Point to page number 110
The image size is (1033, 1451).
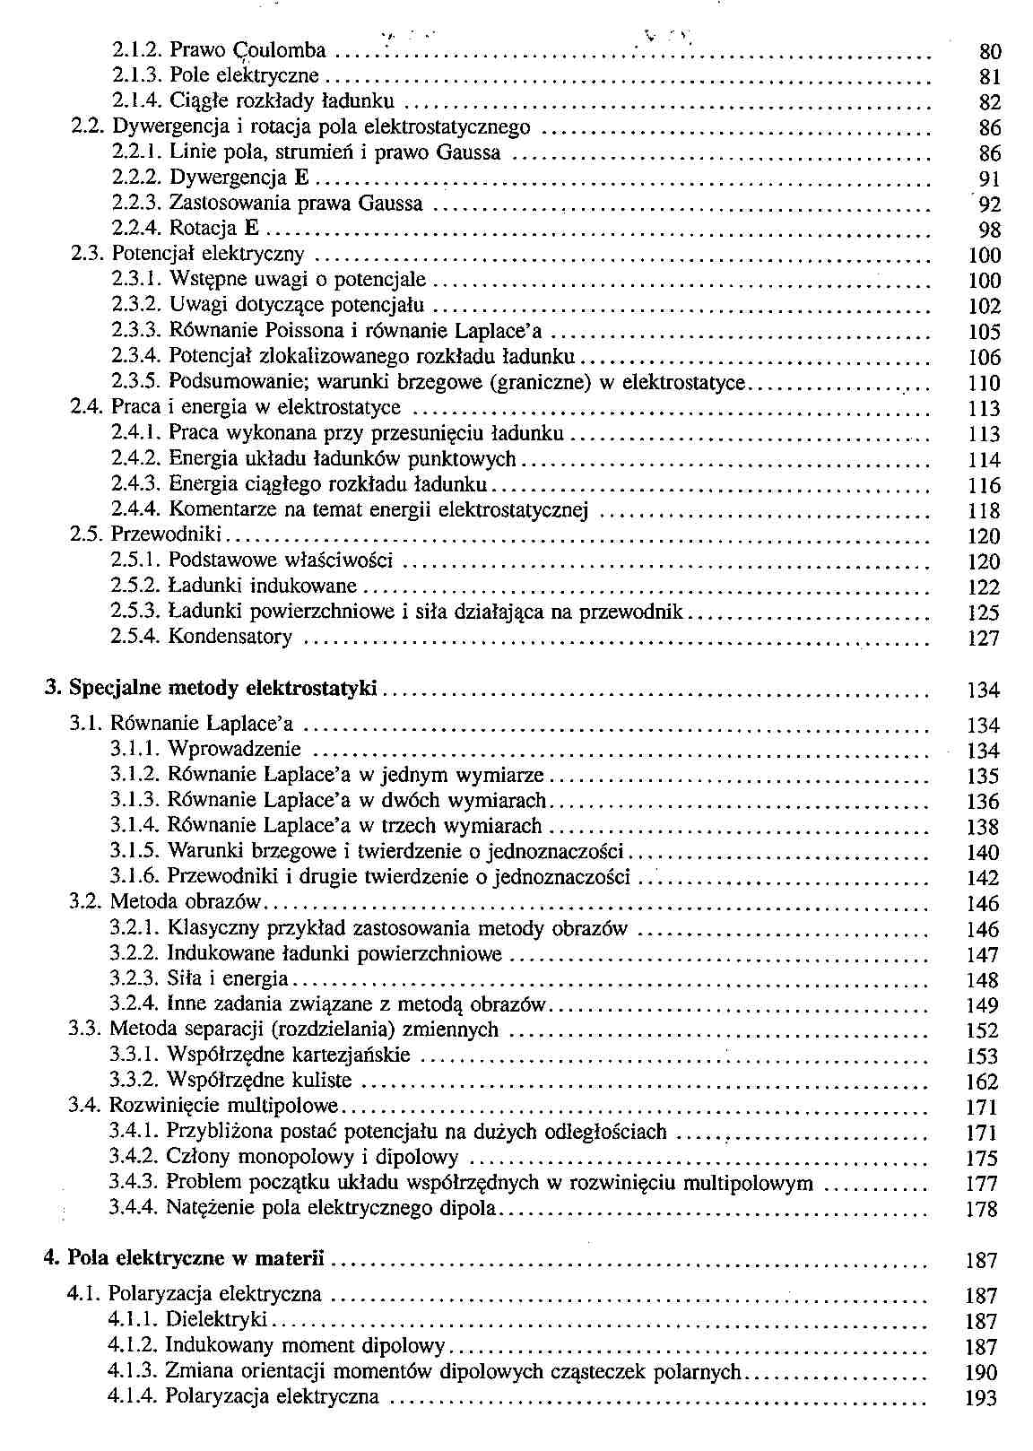click(984, 384)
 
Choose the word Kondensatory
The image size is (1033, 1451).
click(230, 638)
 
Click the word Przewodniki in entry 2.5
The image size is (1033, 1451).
click(166, 535)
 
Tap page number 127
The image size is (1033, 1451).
click(984, 639)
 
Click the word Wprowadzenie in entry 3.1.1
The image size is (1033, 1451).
click(235, 749)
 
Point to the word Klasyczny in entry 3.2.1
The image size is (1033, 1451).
click(211, 928)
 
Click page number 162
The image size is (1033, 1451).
click(982, 1082)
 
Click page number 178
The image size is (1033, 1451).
click(982, 1209)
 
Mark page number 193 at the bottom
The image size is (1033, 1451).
click(982, 1398)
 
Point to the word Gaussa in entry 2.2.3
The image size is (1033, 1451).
click(390, 204)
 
